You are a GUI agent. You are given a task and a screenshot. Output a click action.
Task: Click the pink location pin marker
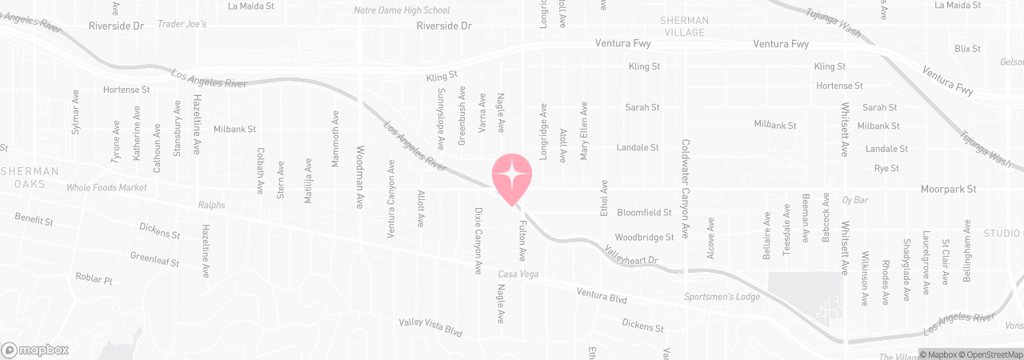[511, 178]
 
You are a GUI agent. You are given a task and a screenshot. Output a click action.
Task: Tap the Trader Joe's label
[182, 24]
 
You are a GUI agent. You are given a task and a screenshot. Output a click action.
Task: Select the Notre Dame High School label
[402, 10]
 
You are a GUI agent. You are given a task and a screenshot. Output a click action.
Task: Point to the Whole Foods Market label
[107, 187]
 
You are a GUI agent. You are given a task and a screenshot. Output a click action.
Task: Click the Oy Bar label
[855, 199]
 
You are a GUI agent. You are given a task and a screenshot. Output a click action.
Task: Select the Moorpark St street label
[948, 190]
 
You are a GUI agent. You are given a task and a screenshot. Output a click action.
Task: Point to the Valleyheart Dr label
[630, 255]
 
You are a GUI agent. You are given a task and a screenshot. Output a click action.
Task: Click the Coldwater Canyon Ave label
[686, 189]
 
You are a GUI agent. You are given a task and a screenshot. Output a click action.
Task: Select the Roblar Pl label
[95, 279]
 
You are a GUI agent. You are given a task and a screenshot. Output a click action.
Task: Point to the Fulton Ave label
[522, 241]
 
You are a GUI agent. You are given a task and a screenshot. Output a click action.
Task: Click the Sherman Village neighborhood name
[682, 26]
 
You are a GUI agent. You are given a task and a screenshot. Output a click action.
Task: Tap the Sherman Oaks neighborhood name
[30, 177]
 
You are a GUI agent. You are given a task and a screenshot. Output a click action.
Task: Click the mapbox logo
[35, 350]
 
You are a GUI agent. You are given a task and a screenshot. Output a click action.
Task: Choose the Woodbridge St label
[644, 238]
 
